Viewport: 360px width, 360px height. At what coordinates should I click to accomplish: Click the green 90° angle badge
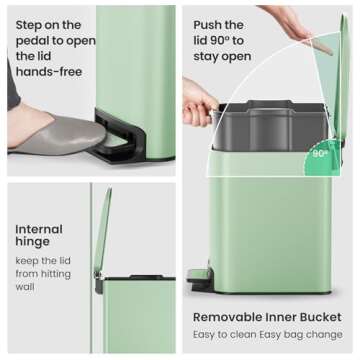coord(318,156)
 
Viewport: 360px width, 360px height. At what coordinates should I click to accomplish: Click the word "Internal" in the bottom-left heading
coord(39,228)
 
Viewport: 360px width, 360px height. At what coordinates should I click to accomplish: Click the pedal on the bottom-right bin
coord(199,277)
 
